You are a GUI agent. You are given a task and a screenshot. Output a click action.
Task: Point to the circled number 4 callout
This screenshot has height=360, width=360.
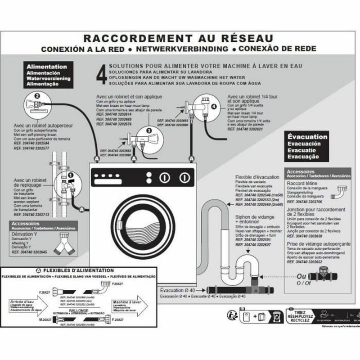pos(213,107)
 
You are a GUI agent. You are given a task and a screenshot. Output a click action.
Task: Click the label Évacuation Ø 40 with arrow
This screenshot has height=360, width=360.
pos(177,290)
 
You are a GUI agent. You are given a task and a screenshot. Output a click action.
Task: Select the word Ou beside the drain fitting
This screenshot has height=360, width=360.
pos(301,276)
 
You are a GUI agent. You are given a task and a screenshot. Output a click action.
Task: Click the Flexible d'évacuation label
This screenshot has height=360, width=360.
pos(257,177)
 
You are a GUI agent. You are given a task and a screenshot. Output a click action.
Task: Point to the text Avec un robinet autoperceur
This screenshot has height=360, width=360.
pos(43,126)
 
